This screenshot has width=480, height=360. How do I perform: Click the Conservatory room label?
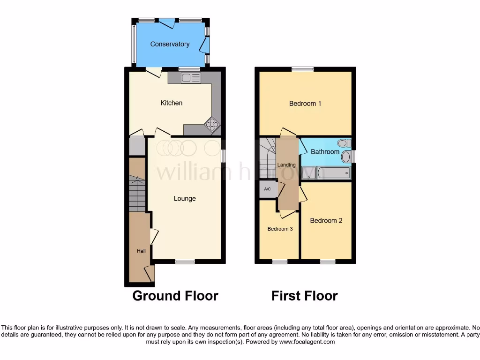pos(170,44)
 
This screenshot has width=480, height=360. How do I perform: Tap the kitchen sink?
pos(191,78)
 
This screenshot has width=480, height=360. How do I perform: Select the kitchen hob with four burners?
pos(212,125)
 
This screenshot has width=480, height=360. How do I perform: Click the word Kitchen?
pos(172,103)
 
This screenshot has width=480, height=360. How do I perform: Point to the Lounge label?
pos(185,198)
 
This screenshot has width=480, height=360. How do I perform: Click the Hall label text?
pos(141,251)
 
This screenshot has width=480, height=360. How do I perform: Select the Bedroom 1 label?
pos(305,103)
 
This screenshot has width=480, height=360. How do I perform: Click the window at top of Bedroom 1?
pos(302,69)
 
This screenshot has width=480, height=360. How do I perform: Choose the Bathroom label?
pos(325,151)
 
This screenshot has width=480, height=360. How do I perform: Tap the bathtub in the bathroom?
pos(334,173)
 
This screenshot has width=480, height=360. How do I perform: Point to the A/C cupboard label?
pos(268,189)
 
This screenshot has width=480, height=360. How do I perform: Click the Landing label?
pos(286,165)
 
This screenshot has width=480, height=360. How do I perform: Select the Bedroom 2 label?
pos(326,220)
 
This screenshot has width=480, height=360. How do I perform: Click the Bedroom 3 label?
pos(280,229)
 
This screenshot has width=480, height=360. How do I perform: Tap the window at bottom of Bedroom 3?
pos(280,261)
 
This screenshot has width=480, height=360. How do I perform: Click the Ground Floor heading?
pos(175,296)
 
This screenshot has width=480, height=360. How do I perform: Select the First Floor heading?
pos(304,296)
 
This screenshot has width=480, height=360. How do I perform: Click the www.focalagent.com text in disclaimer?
pos(307,342)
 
